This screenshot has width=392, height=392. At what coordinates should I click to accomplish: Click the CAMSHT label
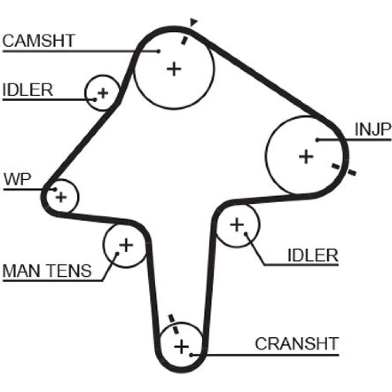tap(38, 40)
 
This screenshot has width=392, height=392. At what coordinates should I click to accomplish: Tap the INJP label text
tap(373, 130)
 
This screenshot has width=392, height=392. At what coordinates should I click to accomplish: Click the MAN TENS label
tap(47, 271)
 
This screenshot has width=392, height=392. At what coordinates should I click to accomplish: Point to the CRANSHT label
tap(296, 344)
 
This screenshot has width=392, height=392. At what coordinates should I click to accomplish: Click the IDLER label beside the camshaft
tap(27, 90)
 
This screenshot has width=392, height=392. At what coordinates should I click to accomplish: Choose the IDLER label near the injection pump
tap(313, 256)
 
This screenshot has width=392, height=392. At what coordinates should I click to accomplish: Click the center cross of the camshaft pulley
tap(174, 69)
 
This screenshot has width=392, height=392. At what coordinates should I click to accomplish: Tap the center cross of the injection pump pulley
tap(306, 156)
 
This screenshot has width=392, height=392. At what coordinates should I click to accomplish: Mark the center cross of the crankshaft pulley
tap(181, 346)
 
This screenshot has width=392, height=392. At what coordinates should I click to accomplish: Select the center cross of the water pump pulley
tap(60, 197)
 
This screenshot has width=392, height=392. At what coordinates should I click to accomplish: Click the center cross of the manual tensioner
tap(126, 245)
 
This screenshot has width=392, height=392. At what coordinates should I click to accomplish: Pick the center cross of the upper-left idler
tap(103, 93)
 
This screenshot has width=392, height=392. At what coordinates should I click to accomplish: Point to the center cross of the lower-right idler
tap(237, 225)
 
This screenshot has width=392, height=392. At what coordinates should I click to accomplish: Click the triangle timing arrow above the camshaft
tap(193, 22)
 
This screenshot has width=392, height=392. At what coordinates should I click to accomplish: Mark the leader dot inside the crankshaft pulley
tap(191, 355)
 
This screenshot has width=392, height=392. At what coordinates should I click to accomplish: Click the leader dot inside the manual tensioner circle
tap(117, 254)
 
